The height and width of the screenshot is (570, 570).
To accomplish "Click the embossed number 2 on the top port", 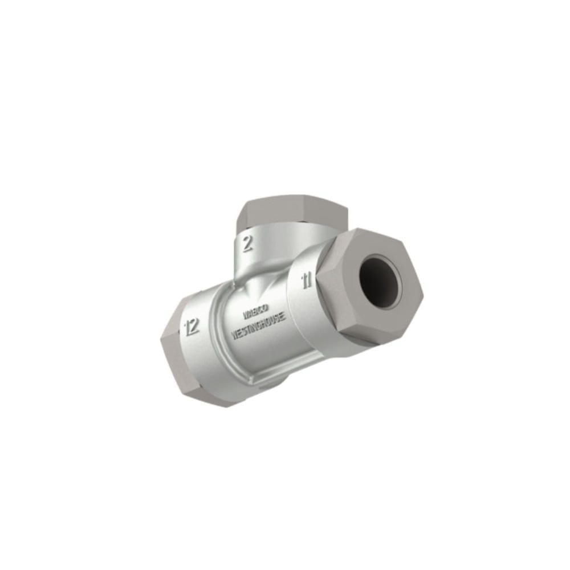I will pyautogui.click(x=247, y=243).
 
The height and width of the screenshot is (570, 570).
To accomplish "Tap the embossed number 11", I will pyautogui.click(x=307, y=280).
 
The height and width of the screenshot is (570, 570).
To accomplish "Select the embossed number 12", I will pyautogui.click(x=192, y=327).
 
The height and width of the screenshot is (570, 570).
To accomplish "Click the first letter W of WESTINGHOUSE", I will pyautogui.click(x=234, y=335).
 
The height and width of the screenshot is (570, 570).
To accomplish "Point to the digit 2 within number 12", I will pyautogui.click(x=195, y=327).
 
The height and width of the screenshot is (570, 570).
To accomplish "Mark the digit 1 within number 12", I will pyautogui.click(x=188, y=327).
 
